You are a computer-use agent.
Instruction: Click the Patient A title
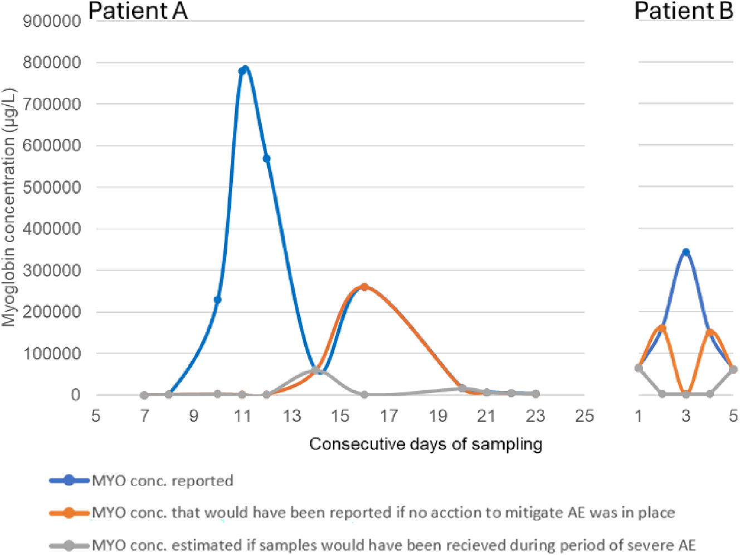tap(138, 11)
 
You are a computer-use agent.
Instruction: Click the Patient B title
tap(683, 11)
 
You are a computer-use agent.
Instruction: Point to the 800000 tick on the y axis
tap(52, 62)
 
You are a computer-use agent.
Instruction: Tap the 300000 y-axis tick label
tap(52, 271)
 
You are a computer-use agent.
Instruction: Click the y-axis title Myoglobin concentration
tap(9, 207)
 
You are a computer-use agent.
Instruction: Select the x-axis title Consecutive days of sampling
tap(426, 444)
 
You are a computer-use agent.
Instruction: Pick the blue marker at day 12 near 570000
tap(267, 159)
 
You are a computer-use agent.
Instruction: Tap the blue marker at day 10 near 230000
tap(218, 299)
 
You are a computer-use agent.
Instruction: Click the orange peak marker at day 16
tap(364, 287)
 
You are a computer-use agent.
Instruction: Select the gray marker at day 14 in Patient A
tap(316, 370)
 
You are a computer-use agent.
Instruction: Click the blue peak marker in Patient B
tap(686, 252)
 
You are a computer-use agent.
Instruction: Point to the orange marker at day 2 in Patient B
tap(662, 328)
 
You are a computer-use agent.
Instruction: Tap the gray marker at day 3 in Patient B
tap(686, 394)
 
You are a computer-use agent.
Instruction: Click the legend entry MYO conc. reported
tap(162, 480)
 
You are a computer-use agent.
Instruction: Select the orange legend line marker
tap(69, 513)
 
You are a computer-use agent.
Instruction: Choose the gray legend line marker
tap(69, 546)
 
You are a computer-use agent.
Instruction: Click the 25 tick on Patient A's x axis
tap(585, 416)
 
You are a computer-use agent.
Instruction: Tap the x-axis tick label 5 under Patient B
tap(733, 416)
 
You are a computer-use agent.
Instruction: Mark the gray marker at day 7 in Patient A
tap(144, 395)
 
